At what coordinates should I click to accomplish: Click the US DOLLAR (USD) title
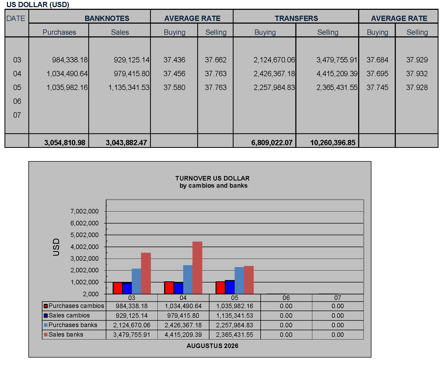[x=38, y=5]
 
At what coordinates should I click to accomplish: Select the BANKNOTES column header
[x=107, y=18]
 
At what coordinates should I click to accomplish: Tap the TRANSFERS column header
[x=296, y=18]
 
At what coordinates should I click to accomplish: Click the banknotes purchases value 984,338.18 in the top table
[x=70, y=60]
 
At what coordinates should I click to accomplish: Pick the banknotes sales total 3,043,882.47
[x=126, y=143]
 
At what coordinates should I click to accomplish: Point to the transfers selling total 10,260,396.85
[x=333, y=143]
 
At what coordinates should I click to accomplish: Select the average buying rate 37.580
[x=174, y=87]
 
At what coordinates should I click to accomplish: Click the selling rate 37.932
[x=417, y=74]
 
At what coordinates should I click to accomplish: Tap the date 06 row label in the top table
[x=17, y=101]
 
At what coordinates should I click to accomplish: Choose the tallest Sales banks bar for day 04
[x=197, y=268]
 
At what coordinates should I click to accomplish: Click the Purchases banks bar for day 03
[x=136, y=281]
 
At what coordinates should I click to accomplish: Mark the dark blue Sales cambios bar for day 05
[x=230, y=287]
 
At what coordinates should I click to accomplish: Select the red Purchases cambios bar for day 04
[x=169, y=288]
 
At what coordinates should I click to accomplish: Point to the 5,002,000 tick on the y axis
[x=84, y=235]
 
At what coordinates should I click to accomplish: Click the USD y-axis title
[x=56, y=247]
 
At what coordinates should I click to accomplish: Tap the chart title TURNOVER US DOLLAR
[x=212, y=178]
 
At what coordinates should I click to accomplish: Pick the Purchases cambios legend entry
[x=74, y=306]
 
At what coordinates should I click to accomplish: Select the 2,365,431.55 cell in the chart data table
[x=235, y=335]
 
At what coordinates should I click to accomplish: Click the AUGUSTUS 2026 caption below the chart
[x=212, y=346]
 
